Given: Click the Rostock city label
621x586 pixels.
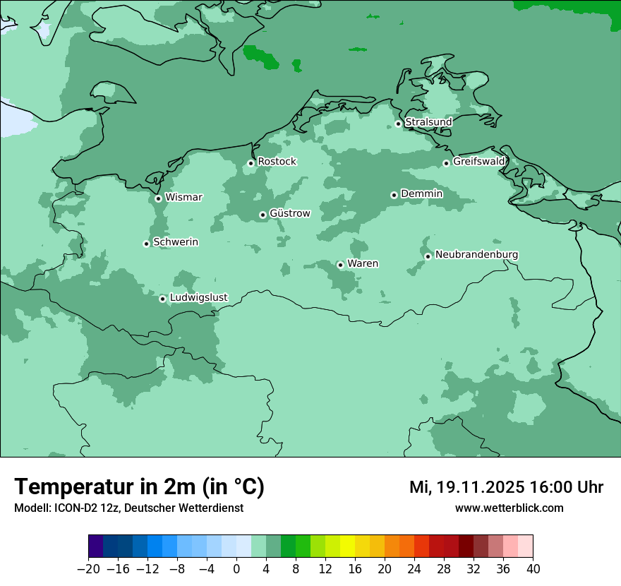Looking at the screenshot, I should click(x=277, y=162).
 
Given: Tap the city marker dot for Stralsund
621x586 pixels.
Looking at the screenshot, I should click(x=398, y=124).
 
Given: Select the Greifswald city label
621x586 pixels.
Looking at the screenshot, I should click(x=478, y=162).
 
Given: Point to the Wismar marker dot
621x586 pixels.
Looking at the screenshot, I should click(x=158, y=198).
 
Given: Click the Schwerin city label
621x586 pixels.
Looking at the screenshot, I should click(x=176, y=242).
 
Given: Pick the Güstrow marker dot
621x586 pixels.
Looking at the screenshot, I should click(x=263, y=215).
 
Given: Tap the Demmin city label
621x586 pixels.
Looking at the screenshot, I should click(x=421, y=193).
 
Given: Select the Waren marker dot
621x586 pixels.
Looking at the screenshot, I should click(x=340, y=265).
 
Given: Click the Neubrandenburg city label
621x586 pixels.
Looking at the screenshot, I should click(x=476, y=254).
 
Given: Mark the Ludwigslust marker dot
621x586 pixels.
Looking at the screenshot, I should click(x=162, y=299).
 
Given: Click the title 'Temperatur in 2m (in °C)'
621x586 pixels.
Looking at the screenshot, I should click(x=139, y=487).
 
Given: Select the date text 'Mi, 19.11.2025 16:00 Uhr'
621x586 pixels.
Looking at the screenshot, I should click(x=506, y=487).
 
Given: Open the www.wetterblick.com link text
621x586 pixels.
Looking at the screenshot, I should click(x=509, y=508).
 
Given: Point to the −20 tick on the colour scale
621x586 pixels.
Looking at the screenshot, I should click(x=88, y=568).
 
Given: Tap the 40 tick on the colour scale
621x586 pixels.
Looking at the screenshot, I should click(x=533, y=568).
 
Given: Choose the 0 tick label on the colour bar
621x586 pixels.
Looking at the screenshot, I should click(x=236, y=568).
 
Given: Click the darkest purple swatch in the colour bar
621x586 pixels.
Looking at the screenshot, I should click(x=96, y=546).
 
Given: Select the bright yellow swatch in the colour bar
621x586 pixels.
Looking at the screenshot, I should click(x=347, y=546).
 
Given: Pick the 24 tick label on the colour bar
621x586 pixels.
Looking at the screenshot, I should click(x=414, y=568).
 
